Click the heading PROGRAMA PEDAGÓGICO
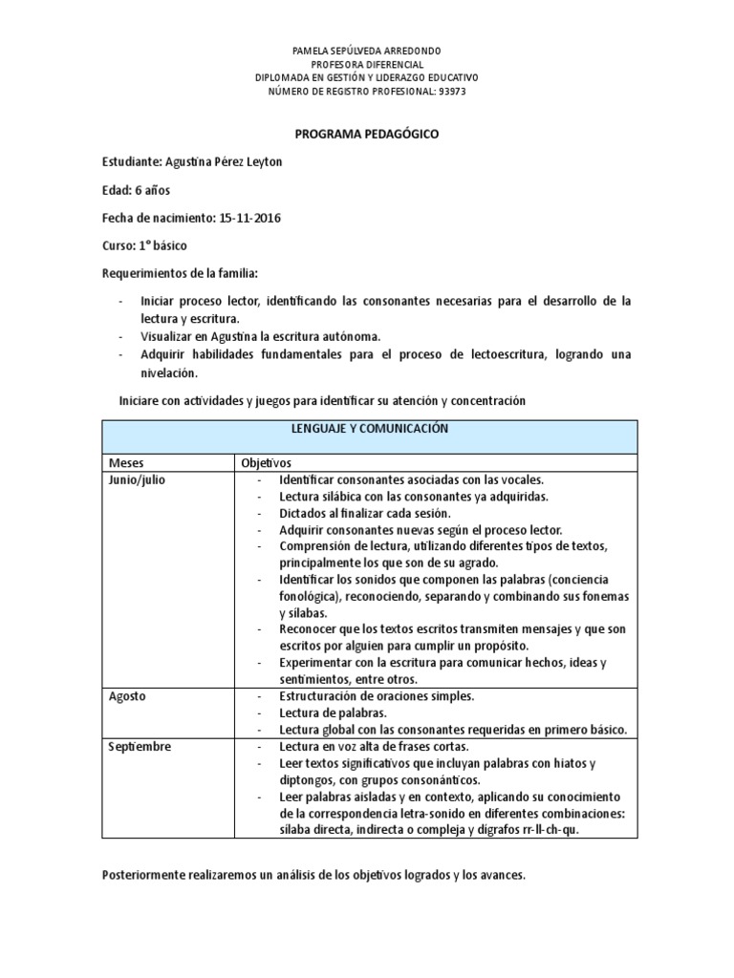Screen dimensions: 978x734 point(366,135)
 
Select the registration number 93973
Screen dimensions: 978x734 point(451,91)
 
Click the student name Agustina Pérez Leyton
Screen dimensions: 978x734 point(225,161)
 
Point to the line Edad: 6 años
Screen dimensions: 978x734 point(136,190)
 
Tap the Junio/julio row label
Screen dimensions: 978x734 point(138,479)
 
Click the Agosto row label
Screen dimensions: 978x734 point(127,696)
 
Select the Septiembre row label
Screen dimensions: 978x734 point(140,746)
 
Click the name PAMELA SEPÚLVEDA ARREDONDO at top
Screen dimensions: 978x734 point(366,50)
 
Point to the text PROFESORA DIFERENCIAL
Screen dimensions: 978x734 point(366,64)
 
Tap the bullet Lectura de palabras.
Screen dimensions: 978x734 point(333,712)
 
